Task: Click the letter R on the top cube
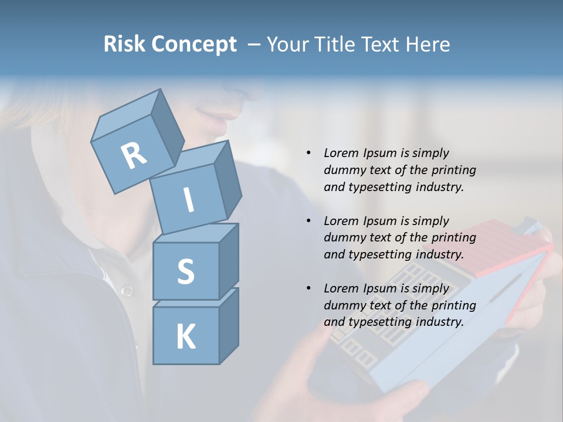click(x=134, y=156)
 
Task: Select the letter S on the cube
click(x=185, y=271)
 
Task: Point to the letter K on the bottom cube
click(x=185, y=337)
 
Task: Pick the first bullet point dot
click(x=309, y=153)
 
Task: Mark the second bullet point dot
click(x=309, y=221)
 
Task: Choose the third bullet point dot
click(x=309, y=288)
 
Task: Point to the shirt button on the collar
click(x=126, y=291)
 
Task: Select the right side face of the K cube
click(x=229, y=325)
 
